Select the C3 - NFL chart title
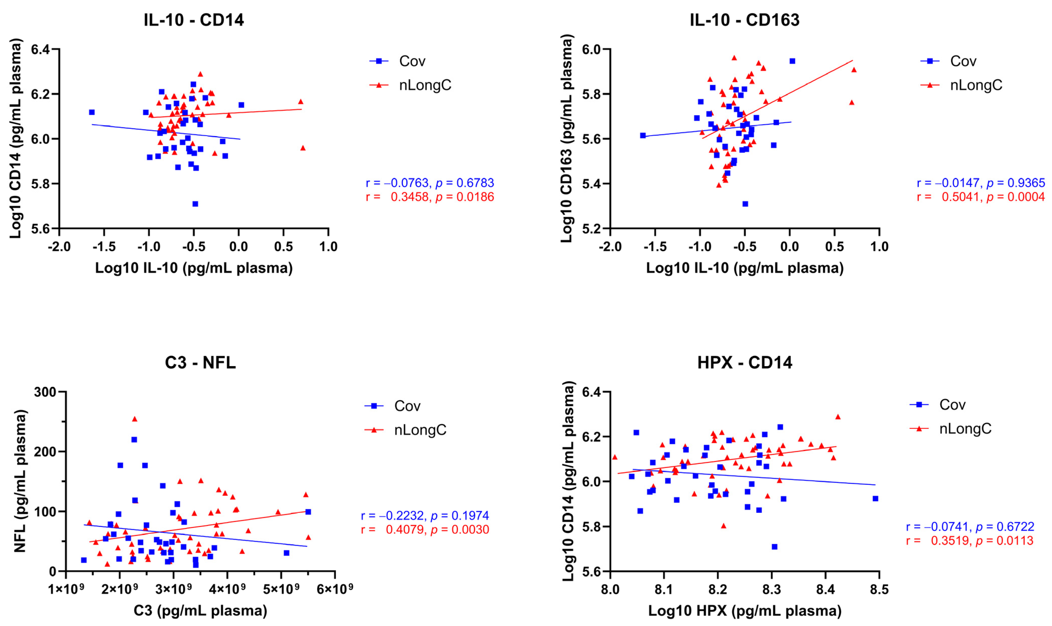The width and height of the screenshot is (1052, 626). pyautogui.click(x=200, y=362)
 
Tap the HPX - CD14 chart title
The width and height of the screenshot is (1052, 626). pyautogui.click(x=745, y=362)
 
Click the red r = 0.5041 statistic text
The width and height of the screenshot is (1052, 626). pyautogui.click(x=981, y=197)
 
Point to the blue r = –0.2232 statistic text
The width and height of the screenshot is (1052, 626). pyautogui.click(x=425, y=515)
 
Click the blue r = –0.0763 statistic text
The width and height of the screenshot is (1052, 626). pyautogui.click(x=430, y=183)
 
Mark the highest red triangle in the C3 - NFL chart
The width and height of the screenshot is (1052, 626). pyautogui.click(x=135, y=419)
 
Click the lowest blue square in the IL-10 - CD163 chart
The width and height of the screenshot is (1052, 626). pyautogui.click(x=745, y=204)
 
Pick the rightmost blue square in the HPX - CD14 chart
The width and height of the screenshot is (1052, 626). pyautogui.click(x=875, y=498)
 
